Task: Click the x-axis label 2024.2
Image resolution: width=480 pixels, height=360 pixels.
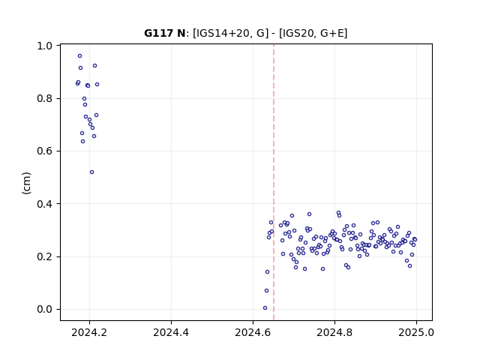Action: click(89, 332)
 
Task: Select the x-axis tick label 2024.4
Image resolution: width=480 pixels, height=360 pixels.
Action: click(171, 332)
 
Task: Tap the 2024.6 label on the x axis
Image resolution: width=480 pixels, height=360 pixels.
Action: click(253, 332)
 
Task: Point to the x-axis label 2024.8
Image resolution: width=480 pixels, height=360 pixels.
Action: click(334, 332)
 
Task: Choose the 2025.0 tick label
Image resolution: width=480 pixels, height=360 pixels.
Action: click(416, 332)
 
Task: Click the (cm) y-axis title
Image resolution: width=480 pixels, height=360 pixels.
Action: click(26, 183)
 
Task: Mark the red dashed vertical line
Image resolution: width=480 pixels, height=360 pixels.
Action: click(274, 182)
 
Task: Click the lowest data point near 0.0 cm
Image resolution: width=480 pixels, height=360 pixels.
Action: click(265, 308)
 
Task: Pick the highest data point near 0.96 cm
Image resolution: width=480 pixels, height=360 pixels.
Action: click(80, 56)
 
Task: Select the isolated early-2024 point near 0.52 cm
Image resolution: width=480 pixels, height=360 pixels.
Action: click(91, 172)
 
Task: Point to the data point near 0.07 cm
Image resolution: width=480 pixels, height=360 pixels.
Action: click(267, 290)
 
